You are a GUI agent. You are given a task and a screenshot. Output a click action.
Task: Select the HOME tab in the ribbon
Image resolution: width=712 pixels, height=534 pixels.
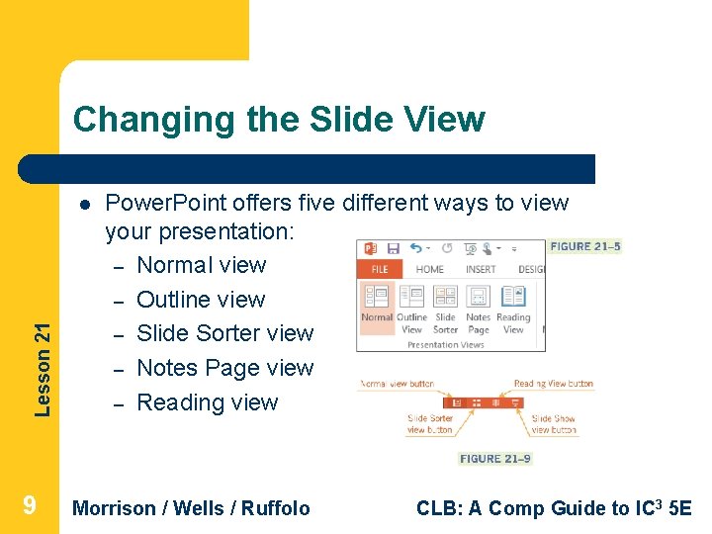(x=429, y=269)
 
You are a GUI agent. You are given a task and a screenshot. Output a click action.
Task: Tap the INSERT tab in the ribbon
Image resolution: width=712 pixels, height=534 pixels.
(x=481, y=269)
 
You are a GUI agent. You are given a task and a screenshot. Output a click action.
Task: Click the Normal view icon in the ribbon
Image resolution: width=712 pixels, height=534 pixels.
(x=376, y=298)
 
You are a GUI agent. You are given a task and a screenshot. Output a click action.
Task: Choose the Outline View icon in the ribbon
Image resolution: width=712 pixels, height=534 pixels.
(x=411, y=298)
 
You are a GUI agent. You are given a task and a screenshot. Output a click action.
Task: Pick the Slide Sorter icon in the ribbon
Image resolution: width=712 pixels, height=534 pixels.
(x=446, y=298)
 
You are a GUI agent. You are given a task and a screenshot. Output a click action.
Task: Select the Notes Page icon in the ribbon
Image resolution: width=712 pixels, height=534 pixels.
(x=479, y=298)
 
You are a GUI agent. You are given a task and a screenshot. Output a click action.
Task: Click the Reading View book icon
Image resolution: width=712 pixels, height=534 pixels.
(x=513, y=298)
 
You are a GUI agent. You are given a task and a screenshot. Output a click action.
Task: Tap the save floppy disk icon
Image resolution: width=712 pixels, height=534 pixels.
(x=393, y=248)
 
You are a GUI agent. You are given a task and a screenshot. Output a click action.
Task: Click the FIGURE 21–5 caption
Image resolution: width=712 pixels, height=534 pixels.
(x=585, y=246)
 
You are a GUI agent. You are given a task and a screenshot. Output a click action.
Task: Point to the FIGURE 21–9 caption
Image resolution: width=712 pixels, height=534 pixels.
(x=495, y=459)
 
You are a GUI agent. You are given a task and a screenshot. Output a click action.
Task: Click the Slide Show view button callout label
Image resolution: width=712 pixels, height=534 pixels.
(x=554, y=424)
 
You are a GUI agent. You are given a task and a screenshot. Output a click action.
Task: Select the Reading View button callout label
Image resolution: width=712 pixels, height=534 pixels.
(x=554, y=384)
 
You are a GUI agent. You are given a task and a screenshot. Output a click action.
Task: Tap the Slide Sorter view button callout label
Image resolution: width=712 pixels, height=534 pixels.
(x=430, y=424)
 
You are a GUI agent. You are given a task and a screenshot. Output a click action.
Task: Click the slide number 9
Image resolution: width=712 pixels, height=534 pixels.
(x=30, y=506)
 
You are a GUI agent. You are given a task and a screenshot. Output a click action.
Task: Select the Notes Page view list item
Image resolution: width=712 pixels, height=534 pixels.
(x=224, y=368)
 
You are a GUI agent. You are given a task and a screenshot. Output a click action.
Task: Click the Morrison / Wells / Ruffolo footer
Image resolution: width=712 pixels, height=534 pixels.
(x=192, y=508)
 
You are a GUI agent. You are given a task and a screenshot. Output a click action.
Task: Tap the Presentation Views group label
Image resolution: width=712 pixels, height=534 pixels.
(x=446, y=345)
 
